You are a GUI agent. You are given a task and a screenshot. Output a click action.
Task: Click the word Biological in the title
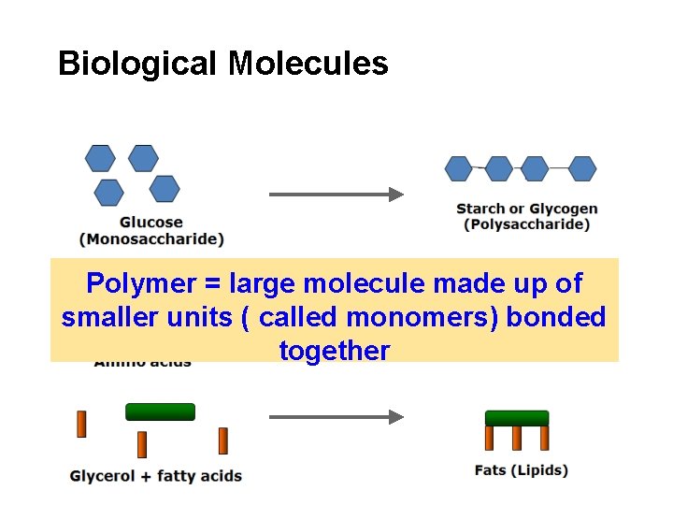[x=138, y=64]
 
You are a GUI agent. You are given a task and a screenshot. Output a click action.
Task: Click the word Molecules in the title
[x=308, y=64]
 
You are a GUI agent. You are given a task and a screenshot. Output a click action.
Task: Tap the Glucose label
[x=151, y=223]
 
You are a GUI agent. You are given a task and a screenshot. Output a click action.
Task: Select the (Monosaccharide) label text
[x=151, y=238]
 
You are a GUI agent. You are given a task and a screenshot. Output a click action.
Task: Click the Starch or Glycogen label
[x=526, y=209]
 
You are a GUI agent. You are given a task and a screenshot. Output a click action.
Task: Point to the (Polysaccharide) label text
[x=526, y=224]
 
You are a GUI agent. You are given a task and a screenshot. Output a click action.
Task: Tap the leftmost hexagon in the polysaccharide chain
[x=459, y=168]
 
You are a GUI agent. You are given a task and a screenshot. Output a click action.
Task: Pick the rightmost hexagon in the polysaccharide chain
[x=582, y=168]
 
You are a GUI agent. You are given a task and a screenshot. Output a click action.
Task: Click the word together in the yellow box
[x=334, y=351]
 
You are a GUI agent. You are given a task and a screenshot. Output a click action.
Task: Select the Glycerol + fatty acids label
[x=156, y=476]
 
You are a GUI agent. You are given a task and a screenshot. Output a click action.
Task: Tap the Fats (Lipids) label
[x=521, y=469]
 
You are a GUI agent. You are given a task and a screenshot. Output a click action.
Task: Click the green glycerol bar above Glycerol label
[x=160, y=411]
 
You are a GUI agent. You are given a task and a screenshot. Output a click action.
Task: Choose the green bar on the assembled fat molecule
[x=517, y=418]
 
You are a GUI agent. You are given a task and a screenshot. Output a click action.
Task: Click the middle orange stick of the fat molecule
[x=517, y=438]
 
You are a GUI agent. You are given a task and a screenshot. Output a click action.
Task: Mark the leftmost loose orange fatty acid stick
[x=81, y=424]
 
